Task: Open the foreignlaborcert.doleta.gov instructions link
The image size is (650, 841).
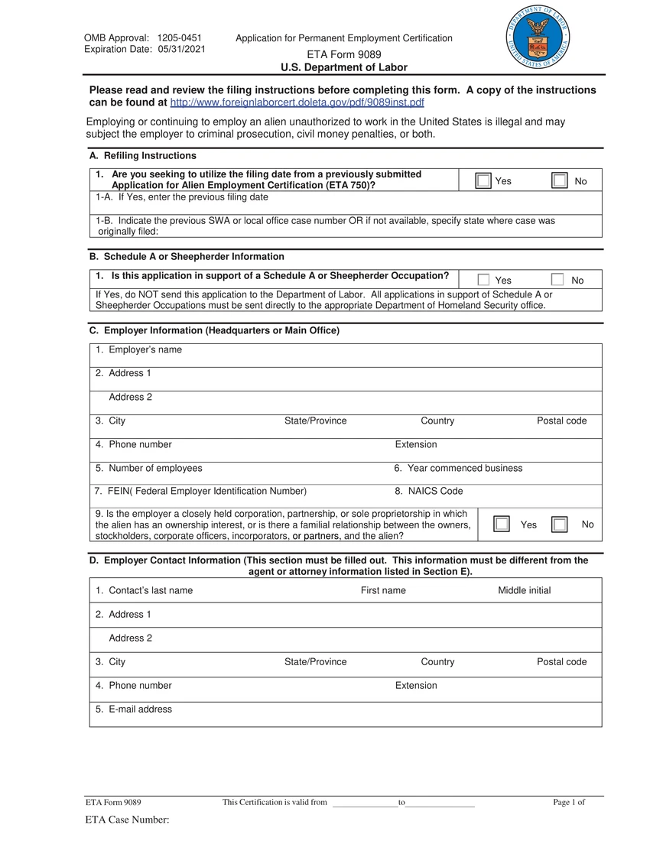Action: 297,102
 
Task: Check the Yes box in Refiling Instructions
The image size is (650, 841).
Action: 483,181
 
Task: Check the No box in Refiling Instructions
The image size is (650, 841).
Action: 560,181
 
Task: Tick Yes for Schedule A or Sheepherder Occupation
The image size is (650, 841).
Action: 483,280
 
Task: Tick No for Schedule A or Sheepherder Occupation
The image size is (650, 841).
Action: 557,280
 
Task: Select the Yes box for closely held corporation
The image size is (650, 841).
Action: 501,524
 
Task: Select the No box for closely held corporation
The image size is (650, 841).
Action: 560,524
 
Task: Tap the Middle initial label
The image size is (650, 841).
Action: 524,590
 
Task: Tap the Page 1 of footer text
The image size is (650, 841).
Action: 568,802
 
